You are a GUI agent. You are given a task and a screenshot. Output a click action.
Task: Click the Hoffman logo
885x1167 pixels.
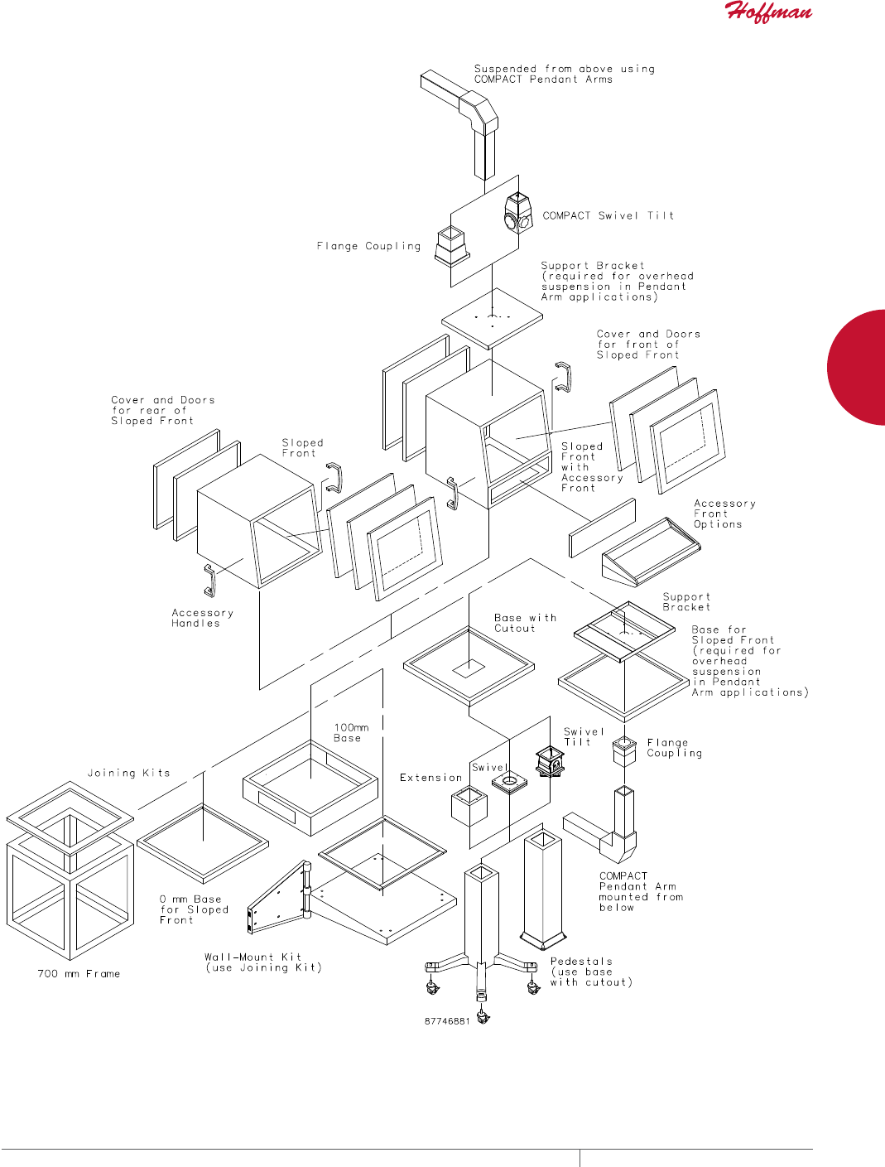click(768, 12)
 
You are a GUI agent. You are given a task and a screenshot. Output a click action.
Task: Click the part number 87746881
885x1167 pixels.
click(447, 1021)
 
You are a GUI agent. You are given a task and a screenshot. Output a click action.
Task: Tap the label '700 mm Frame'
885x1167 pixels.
click(79, 974)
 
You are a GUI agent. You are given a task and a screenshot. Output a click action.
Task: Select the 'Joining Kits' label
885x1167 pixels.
click(129, 773)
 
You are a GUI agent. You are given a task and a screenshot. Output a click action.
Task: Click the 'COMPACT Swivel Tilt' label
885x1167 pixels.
click(608, 215)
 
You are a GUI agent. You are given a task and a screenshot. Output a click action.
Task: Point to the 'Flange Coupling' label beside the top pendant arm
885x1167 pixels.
click(368, 246)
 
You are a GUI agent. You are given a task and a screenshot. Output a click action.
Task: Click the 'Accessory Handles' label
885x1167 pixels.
click(202, 618)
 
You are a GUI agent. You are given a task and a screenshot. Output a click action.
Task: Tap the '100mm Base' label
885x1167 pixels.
click(351, 733)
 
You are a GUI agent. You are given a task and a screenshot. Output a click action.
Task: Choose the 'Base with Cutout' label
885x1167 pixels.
click(525, 623)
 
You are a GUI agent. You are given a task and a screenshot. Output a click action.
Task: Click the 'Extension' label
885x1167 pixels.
click(430, 778)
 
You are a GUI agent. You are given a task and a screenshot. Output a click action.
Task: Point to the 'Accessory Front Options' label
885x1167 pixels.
click(724, 514)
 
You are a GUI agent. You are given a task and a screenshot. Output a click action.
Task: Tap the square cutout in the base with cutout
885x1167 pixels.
click(468, 668)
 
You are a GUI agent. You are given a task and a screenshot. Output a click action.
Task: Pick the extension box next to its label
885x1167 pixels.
click(469, 806)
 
